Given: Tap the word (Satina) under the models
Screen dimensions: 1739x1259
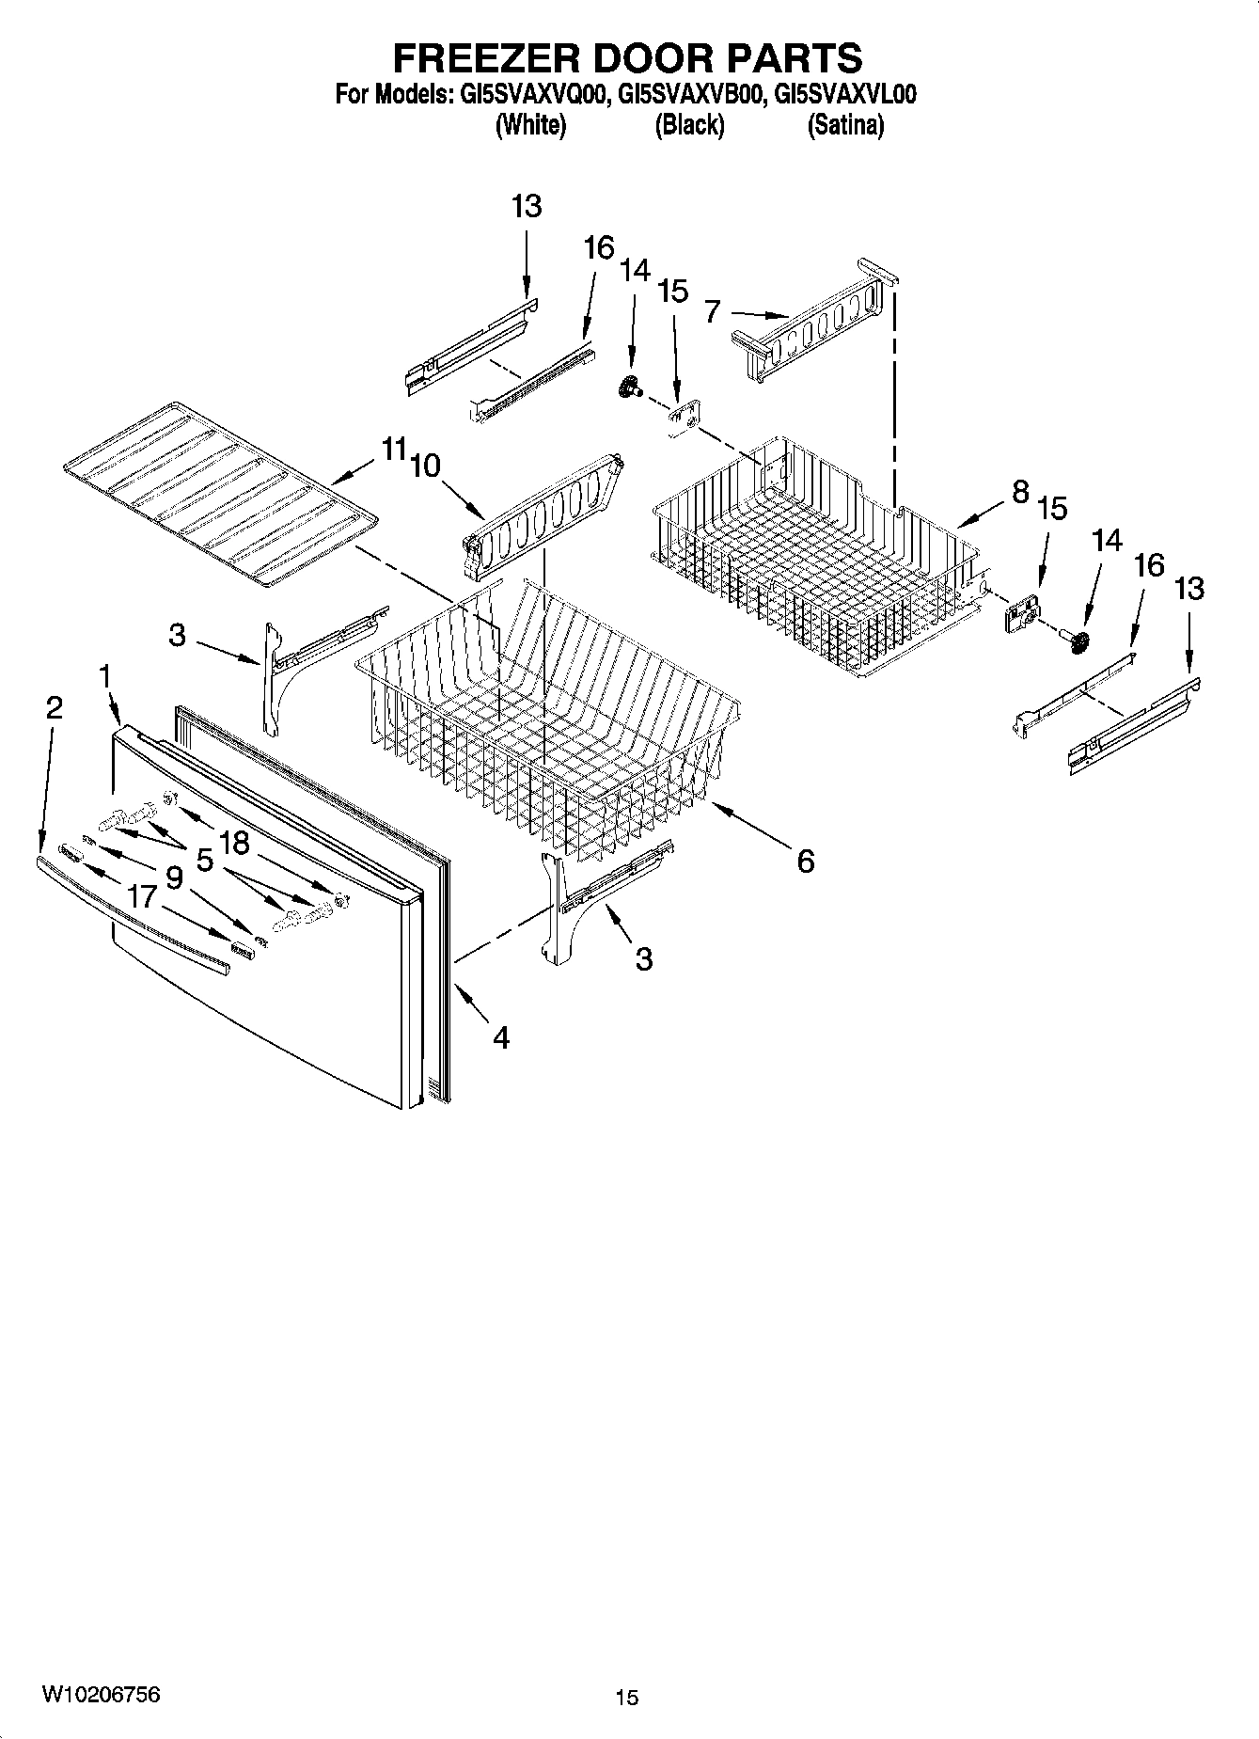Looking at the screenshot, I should [x=845, y=125].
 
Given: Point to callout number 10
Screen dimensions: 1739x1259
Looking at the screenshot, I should [x=426, y=466].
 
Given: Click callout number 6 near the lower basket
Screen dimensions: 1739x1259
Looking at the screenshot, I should [x=806, y=861].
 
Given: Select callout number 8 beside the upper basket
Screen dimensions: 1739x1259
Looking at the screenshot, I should [x=1021, y=491].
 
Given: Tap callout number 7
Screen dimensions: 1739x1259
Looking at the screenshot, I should [x=713, y=310].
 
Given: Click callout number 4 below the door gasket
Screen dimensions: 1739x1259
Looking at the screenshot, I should [x=501, y=1037].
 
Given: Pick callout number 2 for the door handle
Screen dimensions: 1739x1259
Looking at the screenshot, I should [x=54, y=708].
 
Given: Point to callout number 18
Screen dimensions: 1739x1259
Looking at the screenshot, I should [x=235, y=843].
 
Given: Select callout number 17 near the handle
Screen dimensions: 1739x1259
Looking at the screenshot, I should [x=141, y=895].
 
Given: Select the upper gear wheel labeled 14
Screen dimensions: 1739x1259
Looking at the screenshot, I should [x=628, y=387].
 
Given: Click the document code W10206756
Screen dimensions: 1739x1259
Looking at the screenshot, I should [x=101, y=1693].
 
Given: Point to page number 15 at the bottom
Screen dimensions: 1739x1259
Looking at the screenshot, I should [x=626, y=1698].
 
